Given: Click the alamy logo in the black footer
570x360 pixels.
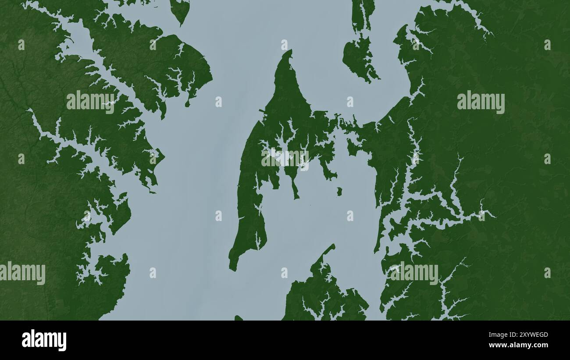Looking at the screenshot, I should coord(44,340).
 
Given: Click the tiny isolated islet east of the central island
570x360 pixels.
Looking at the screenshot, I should coord(339,191).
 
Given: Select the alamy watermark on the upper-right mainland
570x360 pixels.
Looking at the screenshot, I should coord(481,102).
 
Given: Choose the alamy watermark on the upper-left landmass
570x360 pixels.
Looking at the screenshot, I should coord(90,102).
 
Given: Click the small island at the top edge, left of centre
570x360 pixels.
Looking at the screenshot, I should coord(180,11).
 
